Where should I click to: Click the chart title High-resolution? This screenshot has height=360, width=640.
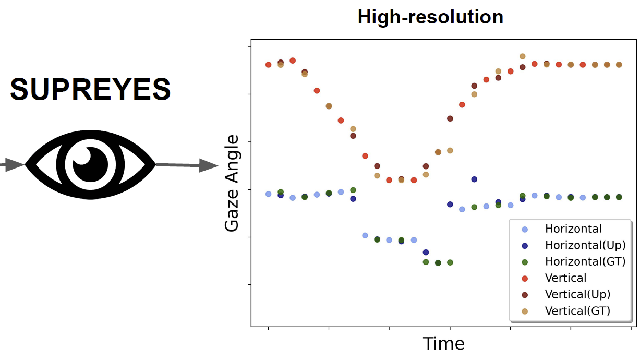(x=430, y=18)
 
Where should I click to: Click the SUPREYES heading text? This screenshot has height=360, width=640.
(x=90, y=89)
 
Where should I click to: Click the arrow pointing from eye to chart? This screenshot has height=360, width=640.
(x=188, y=165)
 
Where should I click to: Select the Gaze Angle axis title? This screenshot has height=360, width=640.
(x=231, y=184)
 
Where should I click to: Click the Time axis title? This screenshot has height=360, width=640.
(x=443, y=344)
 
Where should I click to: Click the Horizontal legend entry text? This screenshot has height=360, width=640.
(x=573, y=229)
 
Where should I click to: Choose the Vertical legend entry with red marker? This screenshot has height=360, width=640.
(x=565, y=278)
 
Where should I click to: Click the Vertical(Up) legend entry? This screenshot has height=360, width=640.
(x=577, y=294)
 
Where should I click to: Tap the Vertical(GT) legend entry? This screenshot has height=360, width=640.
(x=577, y=310)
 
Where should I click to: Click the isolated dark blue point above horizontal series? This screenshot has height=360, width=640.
(x=474, y=179)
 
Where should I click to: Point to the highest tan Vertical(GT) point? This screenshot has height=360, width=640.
(x=522, y=56)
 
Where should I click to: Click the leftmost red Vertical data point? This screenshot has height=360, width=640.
(x=269, y=65)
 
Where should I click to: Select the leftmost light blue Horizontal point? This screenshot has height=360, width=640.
(x=269, y=194)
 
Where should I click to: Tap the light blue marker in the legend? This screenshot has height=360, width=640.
(x=525, y=229)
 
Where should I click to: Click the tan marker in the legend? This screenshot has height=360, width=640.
(x=525, y=311)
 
